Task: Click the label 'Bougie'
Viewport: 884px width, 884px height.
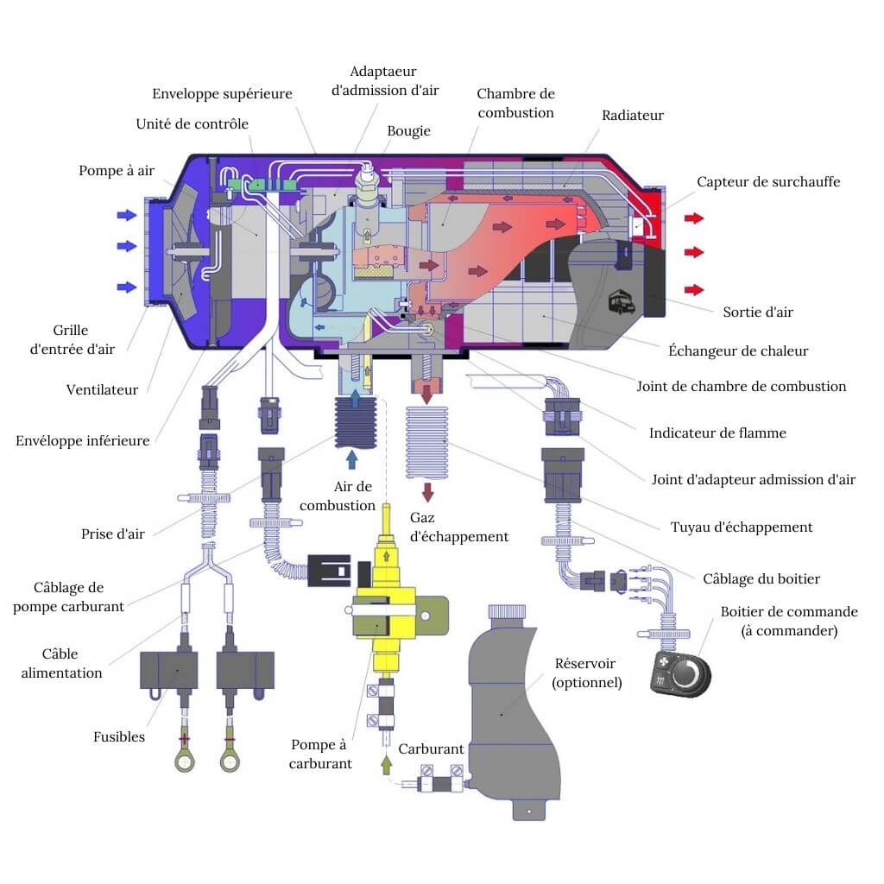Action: [x=408, y=131]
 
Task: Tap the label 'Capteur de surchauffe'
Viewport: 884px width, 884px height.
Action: [x=768, y=181]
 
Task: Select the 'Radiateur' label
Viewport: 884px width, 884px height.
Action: [x=633, y=115]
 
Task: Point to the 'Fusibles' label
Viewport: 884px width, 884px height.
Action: [x=119, y=736]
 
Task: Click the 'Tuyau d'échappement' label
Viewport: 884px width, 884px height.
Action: [x=742, y=527]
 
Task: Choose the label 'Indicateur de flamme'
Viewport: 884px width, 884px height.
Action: [x=717, y=433]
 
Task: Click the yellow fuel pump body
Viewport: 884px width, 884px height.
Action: [x=381, y=604]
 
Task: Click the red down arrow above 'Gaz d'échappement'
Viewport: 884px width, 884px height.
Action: [x=426, y=491]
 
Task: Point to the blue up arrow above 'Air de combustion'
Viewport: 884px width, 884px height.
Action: [x=351, y=456]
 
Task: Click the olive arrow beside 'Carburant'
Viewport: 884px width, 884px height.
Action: [x=386, y=763]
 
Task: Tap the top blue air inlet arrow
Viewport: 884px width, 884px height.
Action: [x=127, y=215]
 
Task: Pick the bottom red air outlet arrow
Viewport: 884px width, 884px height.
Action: [x=693, y=289]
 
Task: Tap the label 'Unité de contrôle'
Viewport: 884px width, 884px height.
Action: [x=193, y=123]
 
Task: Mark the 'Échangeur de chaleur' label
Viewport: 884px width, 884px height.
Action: [x=738, y=350]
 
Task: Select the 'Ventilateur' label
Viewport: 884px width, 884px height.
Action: [x=102, y=389]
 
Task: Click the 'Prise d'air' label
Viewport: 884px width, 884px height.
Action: [x=113, y=534]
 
